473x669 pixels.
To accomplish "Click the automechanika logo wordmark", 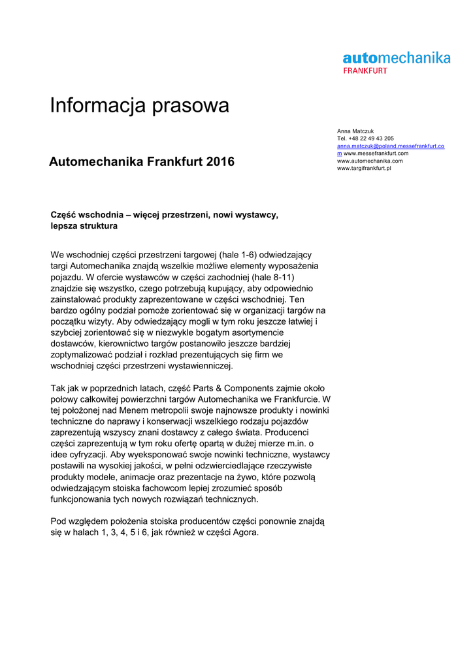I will [x=397, y=57].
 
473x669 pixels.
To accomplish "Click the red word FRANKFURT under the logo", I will [x=365, y=71].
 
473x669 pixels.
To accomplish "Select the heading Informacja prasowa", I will [x=139, y=106].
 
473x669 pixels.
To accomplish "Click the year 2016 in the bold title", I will [x=220, y=161].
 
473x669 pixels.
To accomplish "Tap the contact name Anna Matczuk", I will [x=355, y=131].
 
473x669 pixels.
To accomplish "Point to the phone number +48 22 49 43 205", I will [x=371, y=139].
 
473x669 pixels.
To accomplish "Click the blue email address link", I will [x=391, y=146].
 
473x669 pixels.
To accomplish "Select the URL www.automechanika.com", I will [x=370, y=161].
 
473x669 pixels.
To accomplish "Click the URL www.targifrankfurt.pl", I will [x=364, y=169].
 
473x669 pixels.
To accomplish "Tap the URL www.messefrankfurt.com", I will [x=376, y=154].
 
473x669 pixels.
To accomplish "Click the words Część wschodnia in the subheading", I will [x=85, y=214].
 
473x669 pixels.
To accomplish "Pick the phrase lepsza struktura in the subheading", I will [x=84, y=226].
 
